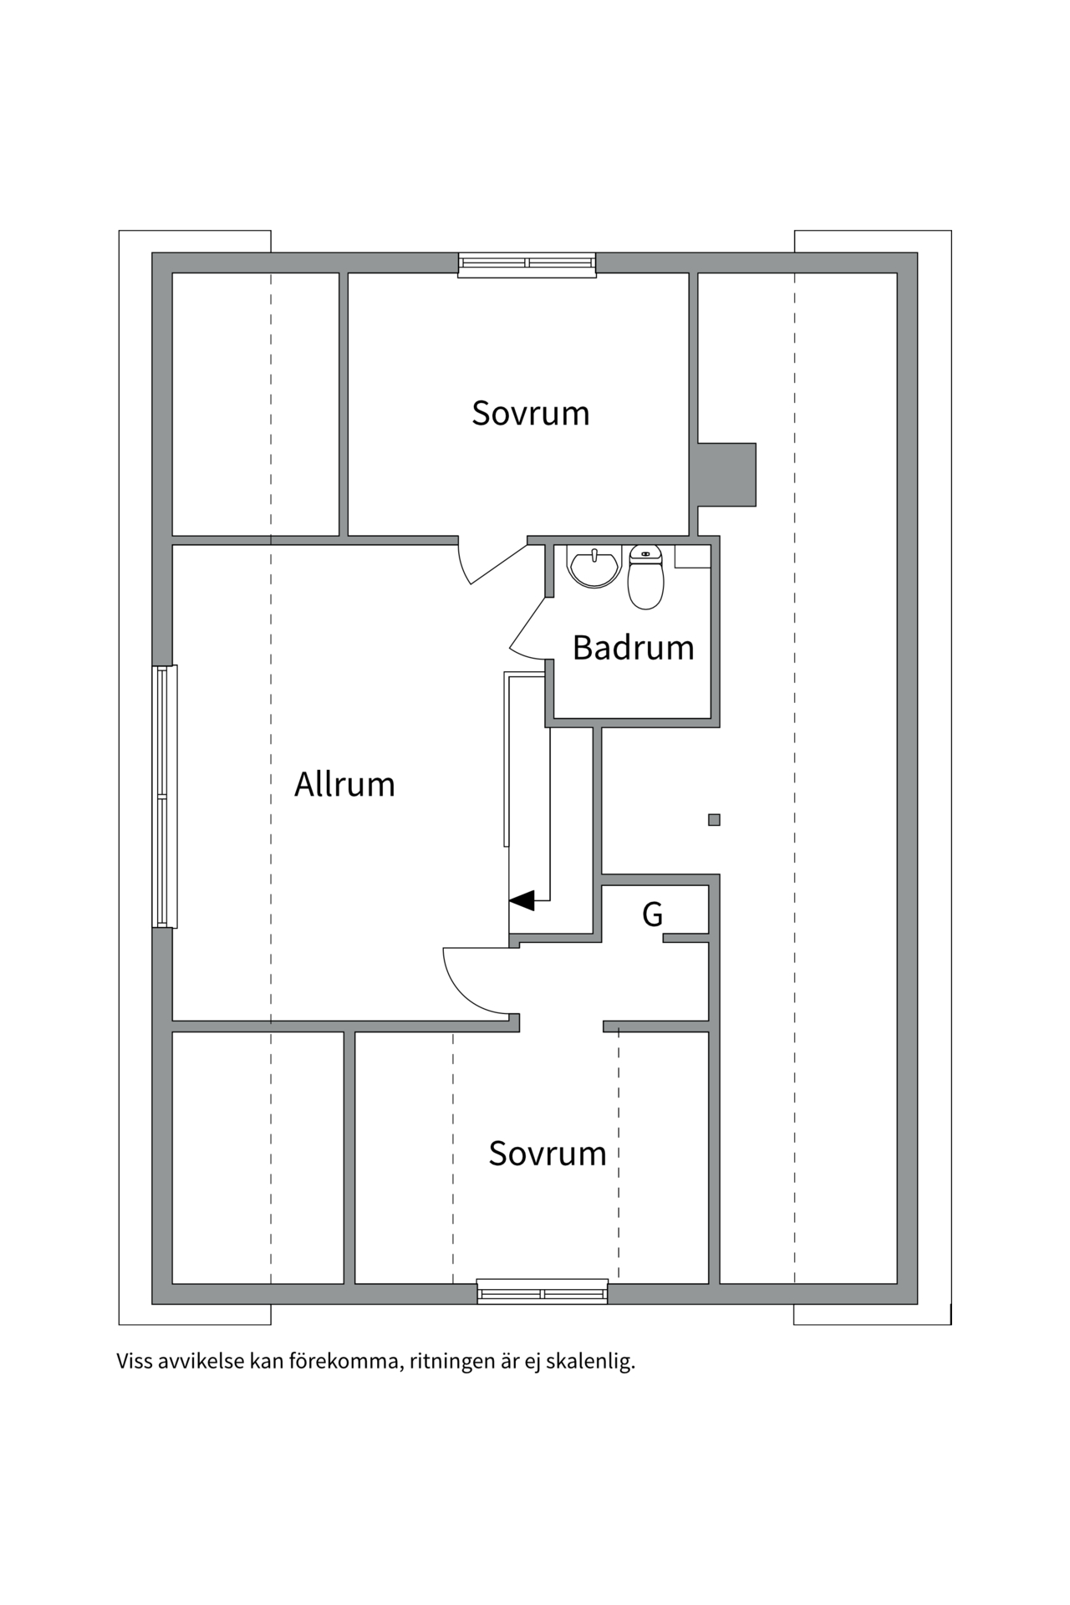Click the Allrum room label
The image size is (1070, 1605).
344,785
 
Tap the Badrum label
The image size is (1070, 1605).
633,648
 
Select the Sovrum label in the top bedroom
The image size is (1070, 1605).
530,413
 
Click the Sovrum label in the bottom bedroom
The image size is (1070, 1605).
547,1154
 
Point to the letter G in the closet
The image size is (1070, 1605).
652,915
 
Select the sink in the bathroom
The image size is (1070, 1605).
594,566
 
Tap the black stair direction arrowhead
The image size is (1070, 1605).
522,900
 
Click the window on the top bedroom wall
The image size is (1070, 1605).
527,263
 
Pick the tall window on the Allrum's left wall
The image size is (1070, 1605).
165,797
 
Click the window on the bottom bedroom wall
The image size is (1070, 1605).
542,1293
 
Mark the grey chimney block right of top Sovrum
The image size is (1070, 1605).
726,474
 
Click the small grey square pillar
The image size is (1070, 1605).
714,820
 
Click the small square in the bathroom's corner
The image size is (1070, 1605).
692,557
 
